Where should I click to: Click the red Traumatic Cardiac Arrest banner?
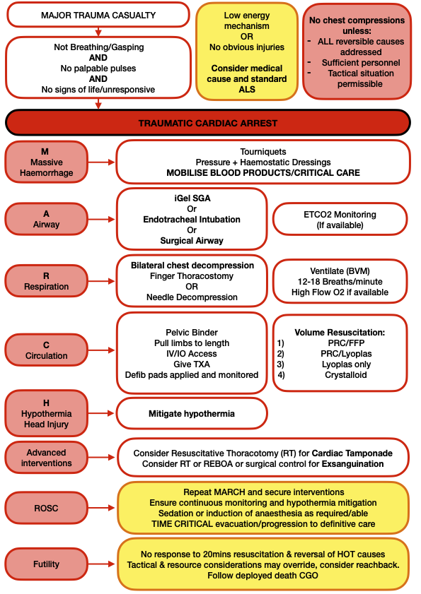207,123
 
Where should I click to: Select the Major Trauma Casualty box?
98,15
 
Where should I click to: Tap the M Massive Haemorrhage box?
46,162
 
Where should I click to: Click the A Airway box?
46,219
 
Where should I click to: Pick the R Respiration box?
46,281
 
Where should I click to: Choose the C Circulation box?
46,350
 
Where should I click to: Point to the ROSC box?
46,508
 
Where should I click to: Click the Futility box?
46,564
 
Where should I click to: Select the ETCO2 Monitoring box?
340,220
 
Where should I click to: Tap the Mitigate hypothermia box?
192,413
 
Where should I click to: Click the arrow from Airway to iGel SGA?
101,220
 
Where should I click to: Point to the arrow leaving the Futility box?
101,564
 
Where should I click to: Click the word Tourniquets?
263,152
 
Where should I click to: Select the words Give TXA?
192,364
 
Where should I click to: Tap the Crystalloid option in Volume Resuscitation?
346,374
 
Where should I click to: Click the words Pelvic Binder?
192,332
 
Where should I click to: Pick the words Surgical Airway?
192,241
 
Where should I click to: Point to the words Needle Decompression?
192,297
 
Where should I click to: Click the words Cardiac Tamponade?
352,453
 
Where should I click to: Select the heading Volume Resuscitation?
340,332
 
